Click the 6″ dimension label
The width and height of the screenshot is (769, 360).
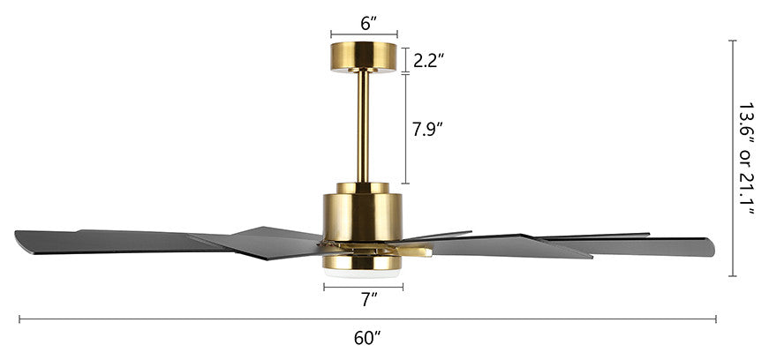point(368,23)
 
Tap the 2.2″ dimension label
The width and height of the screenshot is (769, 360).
point(428,60)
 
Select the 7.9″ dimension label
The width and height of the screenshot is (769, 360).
point(427,129)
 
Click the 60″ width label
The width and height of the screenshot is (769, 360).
point(367,338)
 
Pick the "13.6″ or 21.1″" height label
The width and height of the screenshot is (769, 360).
point(746,159)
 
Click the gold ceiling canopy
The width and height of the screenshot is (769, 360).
point(364,57)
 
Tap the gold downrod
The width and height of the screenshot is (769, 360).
point(363,127)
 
